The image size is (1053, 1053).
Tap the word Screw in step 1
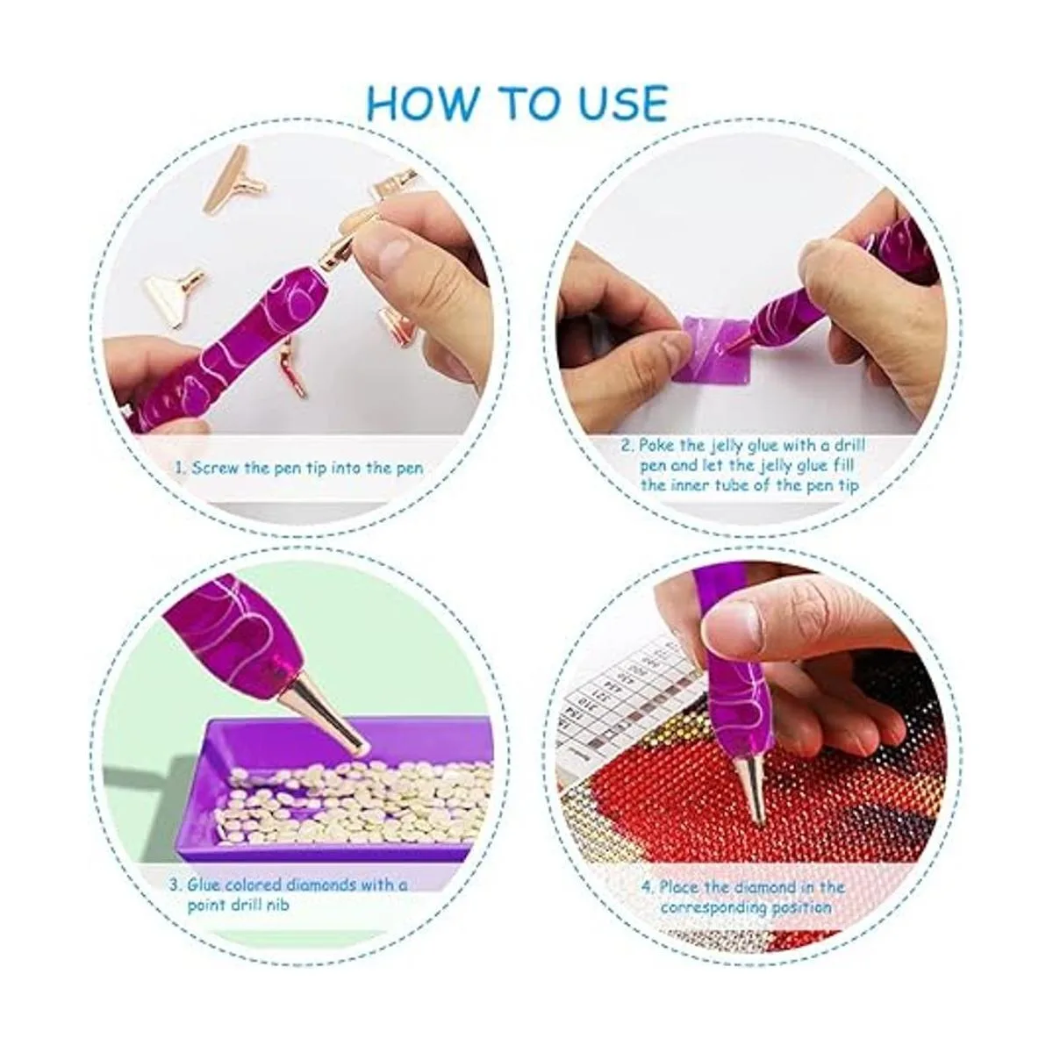[215, 469]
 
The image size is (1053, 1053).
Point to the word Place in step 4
[679, 886]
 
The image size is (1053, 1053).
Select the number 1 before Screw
[179, 469]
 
